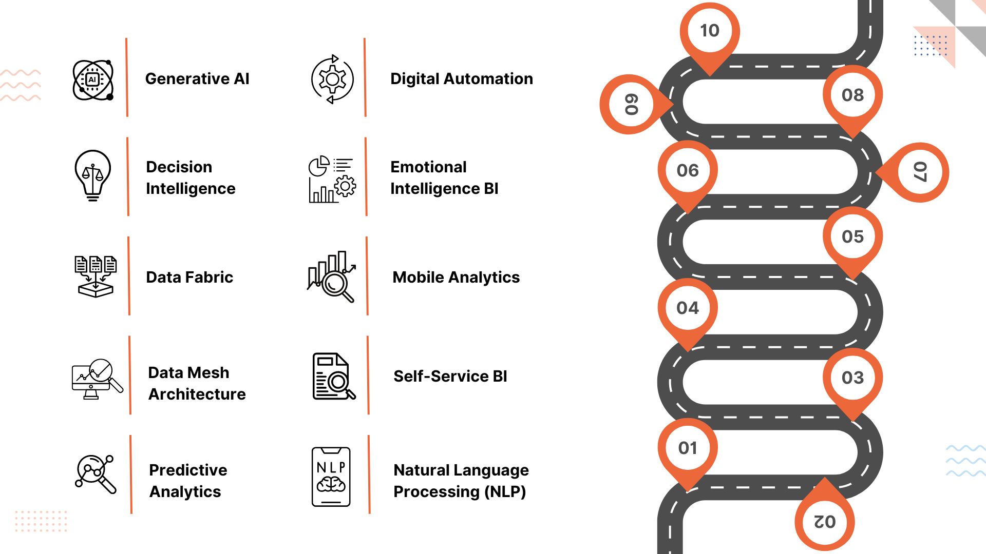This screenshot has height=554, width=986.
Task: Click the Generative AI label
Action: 197,78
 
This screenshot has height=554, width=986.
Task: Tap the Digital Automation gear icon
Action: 332,80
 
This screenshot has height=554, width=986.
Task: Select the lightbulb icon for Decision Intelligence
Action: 93,175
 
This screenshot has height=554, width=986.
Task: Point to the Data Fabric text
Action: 189,277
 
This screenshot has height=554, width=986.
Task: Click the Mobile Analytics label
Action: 456,277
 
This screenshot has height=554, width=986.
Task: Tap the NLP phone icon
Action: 331,477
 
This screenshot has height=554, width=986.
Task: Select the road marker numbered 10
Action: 710,31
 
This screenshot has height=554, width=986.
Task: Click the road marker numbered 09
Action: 630,104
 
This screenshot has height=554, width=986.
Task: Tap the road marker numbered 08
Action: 852,95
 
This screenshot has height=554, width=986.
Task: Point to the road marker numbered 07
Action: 919,172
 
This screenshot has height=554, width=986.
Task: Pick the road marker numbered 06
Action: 688,170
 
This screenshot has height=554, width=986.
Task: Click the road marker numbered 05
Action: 852,236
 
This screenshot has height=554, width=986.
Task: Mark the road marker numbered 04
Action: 688,308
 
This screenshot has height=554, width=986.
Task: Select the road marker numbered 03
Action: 852,378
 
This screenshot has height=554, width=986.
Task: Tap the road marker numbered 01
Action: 688,448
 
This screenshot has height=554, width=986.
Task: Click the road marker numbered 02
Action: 825,521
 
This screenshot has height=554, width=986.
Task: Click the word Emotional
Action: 428,167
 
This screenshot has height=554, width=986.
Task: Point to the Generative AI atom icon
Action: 93,80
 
